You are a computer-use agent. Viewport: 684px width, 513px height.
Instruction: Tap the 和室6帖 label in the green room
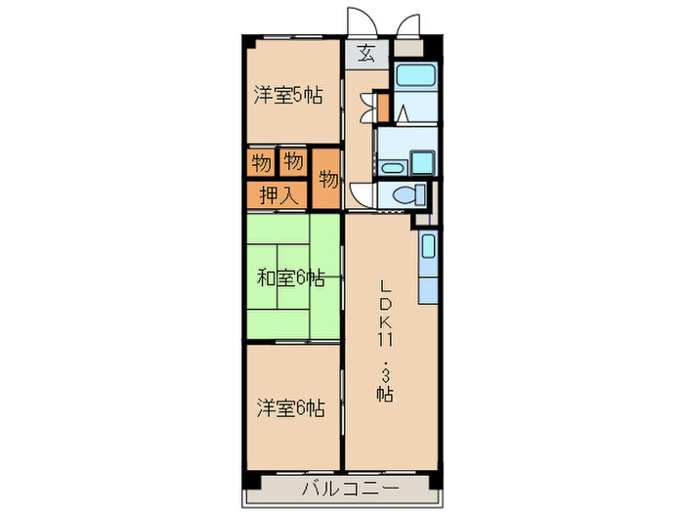(290, 278)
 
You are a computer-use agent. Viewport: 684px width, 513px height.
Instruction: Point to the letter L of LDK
(386, 285)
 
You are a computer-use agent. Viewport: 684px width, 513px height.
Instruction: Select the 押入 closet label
(278, 194)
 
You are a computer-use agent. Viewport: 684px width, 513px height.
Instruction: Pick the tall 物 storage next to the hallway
(328, 179)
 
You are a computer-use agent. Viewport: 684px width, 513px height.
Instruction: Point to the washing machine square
(421, 161)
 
